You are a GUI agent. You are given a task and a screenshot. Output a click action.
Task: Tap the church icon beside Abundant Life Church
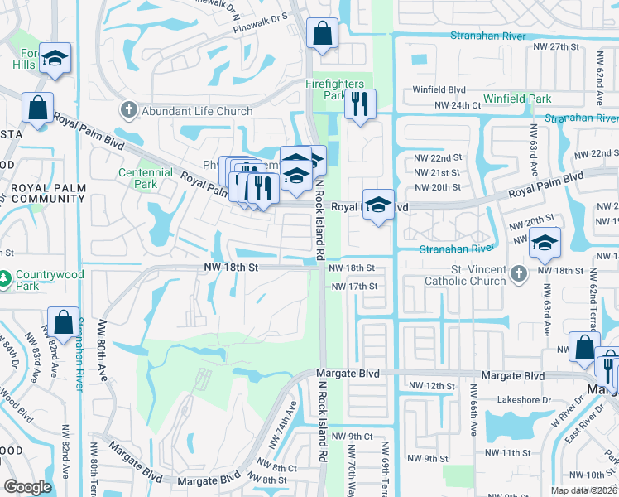coord(128,110)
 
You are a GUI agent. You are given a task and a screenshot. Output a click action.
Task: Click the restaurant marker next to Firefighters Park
coord(359,104)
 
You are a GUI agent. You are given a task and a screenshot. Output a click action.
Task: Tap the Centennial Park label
coord(146,178)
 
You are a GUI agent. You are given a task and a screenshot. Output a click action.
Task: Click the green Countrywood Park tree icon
coord(6,281)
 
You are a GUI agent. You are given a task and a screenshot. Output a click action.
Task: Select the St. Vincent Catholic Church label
coord(464,275)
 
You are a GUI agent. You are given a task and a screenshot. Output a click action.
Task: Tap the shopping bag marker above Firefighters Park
coord(322,34)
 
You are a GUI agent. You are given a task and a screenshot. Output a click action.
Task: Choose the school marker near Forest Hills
coord(55,57)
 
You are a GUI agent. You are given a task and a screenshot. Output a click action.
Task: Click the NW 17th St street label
coord(354,287)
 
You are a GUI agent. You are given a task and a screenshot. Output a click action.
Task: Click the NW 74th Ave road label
coord(290,420)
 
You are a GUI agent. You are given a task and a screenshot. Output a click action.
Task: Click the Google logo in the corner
coord(27,487)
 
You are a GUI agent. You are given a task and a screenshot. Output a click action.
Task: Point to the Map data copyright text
coord(583,490)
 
